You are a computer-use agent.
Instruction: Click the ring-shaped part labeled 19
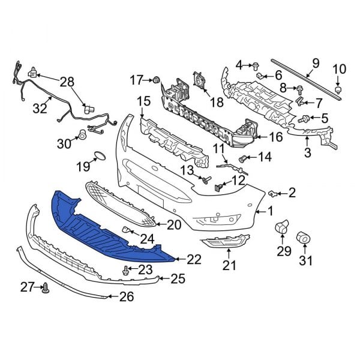[99, 158]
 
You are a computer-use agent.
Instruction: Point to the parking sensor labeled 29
[281, 227]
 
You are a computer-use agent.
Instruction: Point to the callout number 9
[316, 63]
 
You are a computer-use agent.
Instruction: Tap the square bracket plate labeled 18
[199, 82]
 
